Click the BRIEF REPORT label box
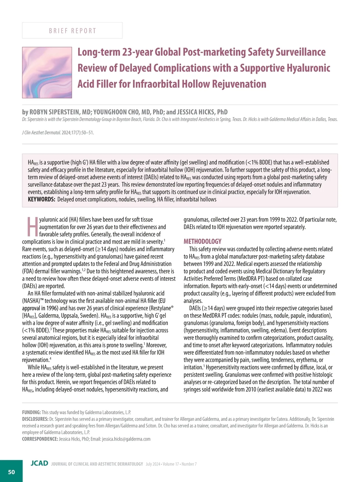point(72,31)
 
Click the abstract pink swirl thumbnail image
point(47,73)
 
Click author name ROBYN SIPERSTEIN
point(55,112)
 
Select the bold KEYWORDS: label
point(41,199)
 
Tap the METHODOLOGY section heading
point(202,241)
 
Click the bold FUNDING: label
point(31,412)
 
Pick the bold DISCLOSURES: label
point(35,419)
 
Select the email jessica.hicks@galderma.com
point(126,439)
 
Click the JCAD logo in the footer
point(39,463)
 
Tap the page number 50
point(11,472)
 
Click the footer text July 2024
point(153,464)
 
